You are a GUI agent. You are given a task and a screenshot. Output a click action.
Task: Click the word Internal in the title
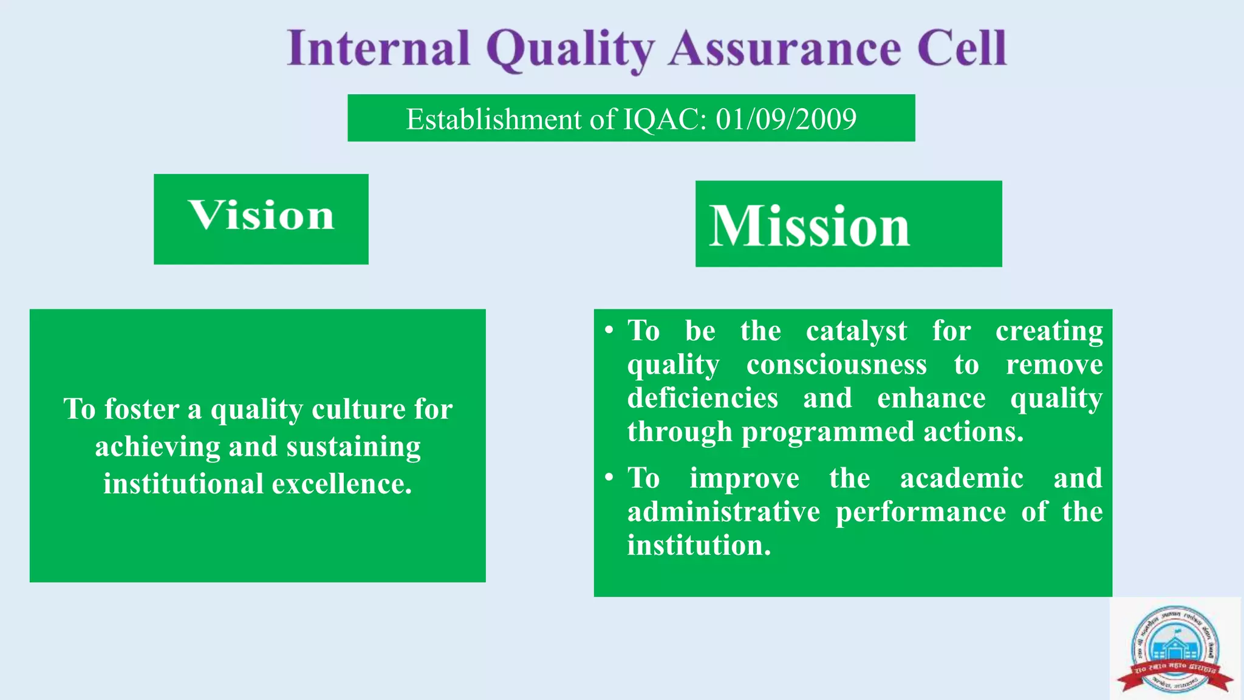(379, 49)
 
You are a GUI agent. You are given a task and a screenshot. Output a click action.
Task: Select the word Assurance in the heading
(785, 49)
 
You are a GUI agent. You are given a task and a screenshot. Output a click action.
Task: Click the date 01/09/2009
(786, 119)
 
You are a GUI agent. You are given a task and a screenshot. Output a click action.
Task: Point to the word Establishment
(493, 119)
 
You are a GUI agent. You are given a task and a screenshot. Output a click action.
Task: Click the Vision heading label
(261, 216)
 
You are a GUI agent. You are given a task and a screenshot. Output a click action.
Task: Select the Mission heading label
(810, 226)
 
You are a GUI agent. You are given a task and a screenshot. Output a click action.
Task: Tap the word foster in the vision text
(142, 409)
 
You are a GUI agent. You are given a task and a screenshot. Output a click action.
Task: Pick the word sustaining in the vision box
(354, 447)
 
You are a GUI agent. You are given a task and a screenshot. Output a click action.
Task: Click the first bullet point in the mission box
(609, 331)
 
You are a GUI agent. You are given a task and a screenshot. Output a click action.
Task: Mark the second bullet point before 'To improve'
(609, 478)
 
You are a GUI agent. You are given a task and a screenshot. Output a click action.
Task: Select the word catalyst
(856, 332)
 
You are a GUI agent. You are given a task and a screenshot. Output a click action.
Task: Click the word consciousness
(836, 365)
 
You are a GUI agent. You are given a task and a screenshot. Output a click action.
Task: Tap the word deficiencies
(703, 399)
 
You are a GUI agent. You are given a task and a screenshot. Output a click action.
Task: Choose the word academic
(962, 478)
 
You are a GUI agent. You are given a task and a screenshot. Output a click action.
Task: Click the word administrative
(723, 512)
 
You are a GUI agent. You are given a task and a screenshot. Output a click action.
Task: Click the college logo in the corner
(1175, 649)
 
